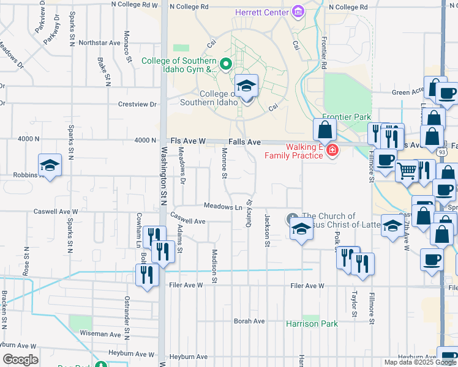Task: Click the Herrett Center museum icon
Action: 298,11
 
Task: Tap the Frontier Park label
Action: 346,116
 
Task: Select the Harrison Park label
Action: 312,324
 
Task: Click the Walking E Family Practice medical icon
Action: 332,150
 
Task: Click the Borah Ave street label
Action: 249,321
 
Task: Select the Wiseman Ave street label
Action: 101,335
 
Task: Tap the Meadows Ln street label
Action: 223,207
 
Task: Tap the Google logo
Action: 20,360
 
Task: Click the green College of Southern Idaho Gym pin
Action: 225,63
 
